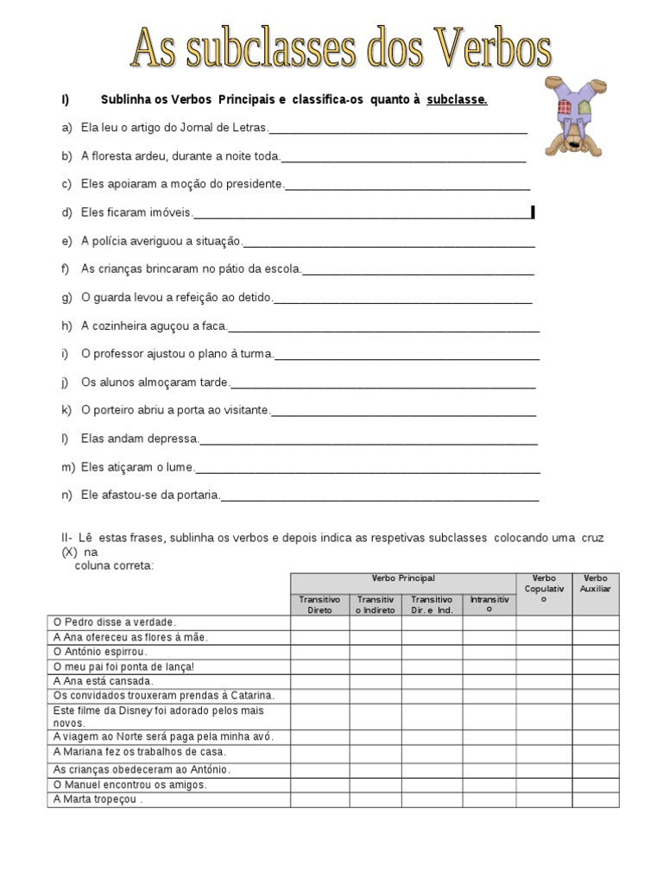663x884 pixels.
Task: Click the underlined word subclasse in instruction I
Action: tap(457, 99)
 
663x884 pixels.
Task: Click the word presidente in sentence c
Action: tap(253, 184)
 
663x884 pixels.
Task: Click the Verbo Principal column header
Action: tap(403, 578)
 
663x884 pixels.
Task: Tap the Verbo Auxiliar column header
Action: tap(596, 583)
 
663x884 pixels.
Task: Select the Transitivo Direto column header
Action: tap(319, 604)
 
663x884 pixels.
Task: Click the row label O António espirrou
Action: tap(100, 653)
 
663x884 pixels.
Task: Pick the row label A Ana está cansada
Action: tap(103, 680)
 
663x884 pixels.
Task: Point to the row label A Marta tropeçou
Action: tap(98, 799)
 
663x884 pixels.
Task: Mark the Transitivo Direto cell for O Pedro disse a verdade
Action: tap(319, 622)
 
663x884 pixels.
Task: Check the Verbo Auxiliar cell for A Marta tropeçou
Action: tap(596, 799)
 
